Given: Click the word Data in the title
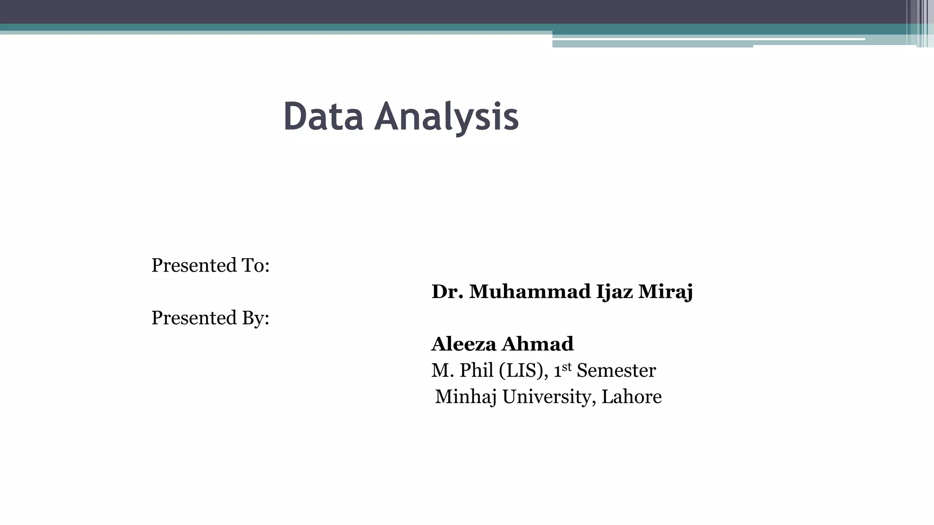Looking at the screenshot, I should (x=323, y=117).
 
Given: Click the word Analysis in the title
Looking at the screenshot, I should (x=446, y=118).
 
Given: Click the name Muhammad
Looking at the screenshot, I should (x=529, y=292).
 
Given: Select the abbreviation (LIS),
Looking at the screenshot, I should (x=524, y=371).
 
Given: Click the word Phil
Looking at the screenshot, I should (x=476, y=371).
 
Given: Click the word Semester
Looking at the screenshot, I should (x=616, y=371).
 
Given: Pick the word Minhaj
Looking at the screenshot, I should (x=466, y=397).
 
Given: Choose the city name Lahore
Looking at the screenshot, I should (x=631, y=397).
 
